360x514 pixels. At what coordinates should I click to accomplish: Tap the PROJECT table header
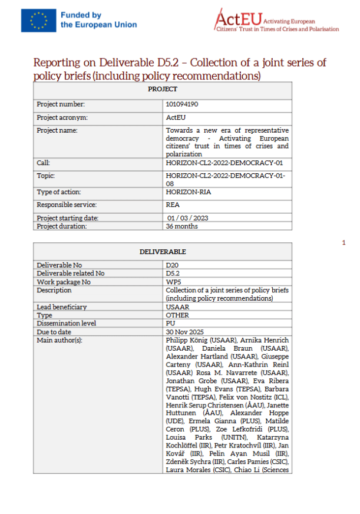click(163, 89)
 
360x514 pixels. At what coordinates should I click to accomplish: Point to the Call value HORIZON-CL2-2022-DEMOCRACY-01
click(224, 162)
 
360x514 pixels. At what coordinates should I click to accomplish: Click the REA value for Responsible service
click(172, 205)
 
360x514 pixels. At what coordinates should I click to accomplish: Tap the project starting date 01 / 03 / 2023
click(187, 218)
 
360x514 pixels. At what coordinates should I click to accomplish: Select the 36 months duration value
click(181, 226)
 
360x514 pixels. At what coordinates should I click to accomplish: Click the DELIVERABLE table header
click(163, 251)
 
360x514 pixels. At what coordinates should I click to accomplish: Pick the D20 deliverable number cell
click(172, 265)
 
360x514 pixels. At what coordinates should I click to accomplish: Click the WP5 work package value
click(173, 282)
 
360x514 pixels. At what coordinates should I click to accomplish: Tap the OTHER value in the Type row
click(176, 315)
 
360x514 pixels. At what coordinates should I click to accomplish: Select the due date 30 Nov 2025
click(184, 332)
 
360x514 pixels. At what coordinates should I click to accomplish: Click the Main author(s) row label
click(59, 340)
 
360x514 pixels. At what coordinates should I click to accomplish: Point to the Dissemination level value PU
click(170, 324)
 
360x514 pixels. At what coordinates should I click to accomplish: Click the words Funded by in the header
click(81, 15)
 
